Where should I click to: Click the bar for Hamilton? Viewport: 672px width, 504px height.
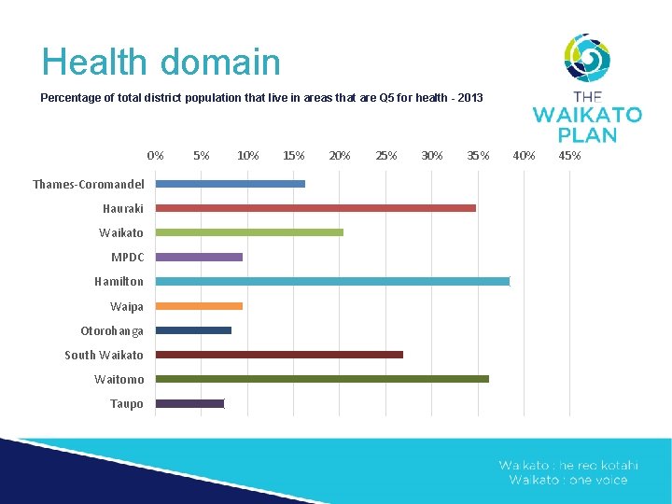[x=332, y=281]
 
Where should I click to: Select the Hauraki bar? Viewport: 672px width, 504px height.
[x=315, y=208]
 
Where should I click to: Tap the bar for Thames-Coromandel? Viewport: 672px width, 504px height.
[x=231, y=184]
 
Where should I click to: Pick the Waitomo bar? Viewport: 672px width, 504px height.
[x=322, y=379]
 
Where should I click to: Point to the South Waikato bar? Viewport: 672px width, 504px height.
[x=279, y=355]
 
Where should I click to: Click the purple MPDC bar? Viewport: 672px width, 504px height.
[x=199, y=257]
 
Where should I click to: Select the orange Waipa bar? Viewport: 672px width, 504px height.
[x=199, y=306]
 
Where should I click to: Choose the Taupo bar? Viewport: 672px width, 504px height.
[x=190, y=403]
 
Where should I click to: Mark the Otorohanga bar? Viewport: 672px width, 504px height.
[x=193, y=330]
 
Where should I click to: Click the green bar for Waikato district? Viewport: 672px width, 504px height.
[x=249, y=232]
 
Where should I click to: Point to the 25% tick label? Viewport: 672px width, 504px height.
[x=385, y=155]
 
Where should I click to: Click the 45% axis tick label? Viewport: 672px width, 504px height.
[x=569, y=155]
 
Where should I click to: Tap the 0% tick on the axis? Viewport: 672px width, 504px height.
[x=156, y=155]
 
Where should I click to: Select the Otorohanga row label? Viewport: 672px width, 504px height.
[x=112, y=331]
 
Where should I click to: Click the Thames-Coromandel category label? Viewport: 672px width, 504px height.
[x=89, y=185]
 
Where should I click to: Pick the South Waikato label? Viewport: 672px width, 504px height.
[x=104, y=356]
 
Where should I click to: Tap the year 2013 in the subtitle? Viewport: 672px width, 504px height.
[x=469, y=98]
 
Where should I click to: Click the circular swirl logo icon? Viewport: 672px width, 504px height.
[x=587, y=58]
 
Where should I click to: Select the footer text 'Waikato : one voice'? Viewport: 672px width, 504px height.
[x=568, y=480]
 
